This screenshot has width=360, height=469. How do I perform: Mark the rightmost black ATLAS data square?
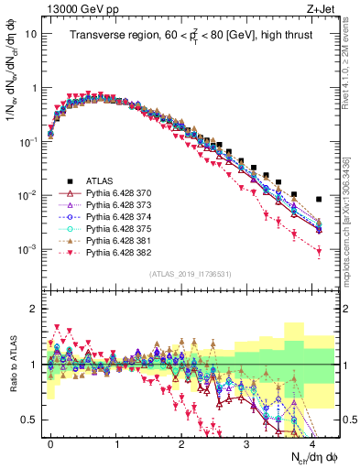319,199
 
